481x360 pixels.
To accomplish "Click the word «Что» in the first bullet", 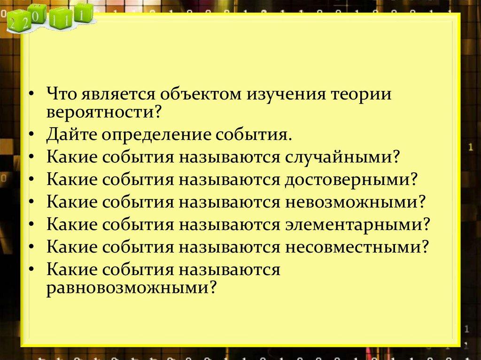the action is point(62,93).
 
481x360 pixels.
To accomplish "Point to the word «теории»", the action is point(361,94).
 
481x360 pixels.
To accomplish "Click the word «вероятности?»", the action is point(104,113).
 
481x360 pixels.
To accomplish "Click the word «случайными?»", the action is point(342,157).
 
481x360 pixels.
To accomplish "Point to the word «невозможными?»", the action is point(355,202).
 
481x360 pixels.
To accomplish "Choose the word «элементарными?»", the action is point(357,225).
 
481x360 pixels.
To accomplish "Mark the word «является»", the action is point(118,94).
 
